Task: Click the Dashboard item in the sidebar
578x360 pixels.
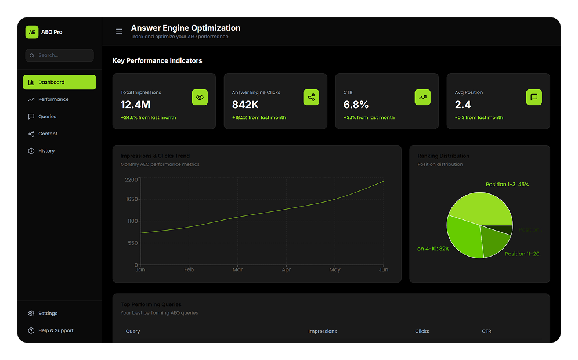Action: pyautogui.click(x=59, y=82)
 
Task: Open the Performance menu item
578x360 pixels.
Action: pyautogui.click(x=53, y=99)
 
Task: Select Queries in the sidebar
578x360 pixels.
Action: pyautogui.click(x=47, y=117)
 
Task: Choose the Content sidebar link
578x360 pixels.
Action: pyautogui.click(x=48, y=134)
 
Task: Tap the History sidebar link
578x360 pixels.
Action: pyautogui.click(x=46, y=151)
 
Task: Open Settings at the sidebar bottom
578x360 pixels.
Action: pyautogui.click(x=48, y=314)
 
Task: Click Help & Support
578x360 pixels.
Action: pyautogui.click(x=56, y=330)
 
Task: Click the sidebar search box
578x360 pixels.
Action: pyautogui.click(x=59, y=55)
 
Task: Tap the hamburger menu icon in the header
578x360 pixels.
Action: pyautogui.click(x=119, y=31)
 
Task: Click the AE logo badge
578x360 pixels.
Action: pyautogui.click(x=32, y=32)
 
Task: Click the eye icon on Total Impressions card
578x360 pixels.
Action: pyautogui.click(x=200, y=98)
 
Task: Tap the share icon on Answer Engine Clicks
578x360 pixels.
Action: pyautogui.click(x=311, y=98)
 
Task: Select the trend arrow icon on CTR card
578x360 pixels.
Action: pyautogui.click(x=422, y=98)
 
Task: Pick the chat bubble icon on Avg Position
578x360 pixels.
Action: pyautogui.click(x=534, y=98)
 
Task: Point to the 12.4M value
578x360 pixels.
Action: pyautogui.click(x=135, y=105)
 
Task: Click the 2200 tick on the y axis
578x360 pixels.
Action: pyautogui.click(x=131, y=179)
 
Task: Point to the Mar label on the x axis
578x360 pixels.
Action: pyautogui.click(x=237, y=269)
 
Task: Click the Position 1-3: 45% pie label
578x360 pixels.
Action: pyautogui.click(x=507, y=185)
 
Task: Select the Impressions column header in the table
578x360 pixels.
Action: pyautogui.click(x=323, y=332)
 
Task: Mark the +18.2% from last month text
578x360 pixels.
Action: pyautogui.click(x=259, y=118)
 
